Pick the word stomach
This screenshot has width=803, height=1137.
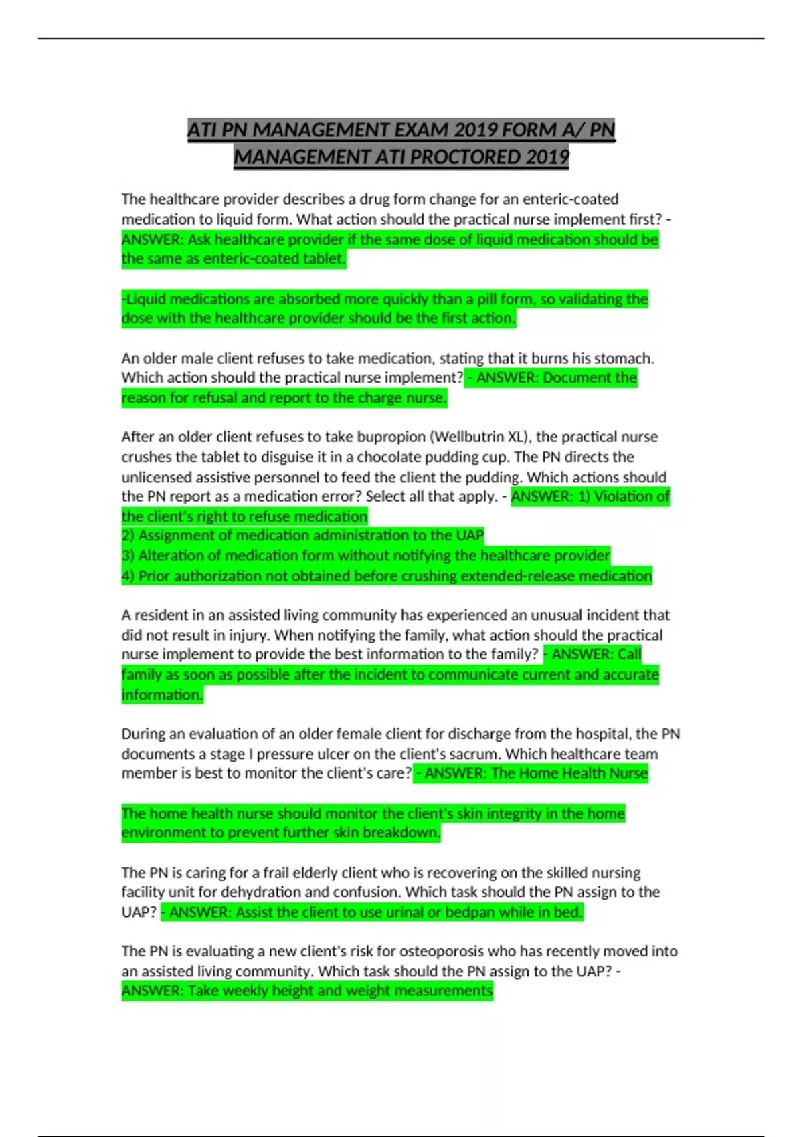[624, 358]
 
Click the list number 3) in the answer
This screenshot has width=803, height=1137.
[128, 556]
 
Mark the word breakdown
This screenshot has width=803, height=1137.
[409, 833]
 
